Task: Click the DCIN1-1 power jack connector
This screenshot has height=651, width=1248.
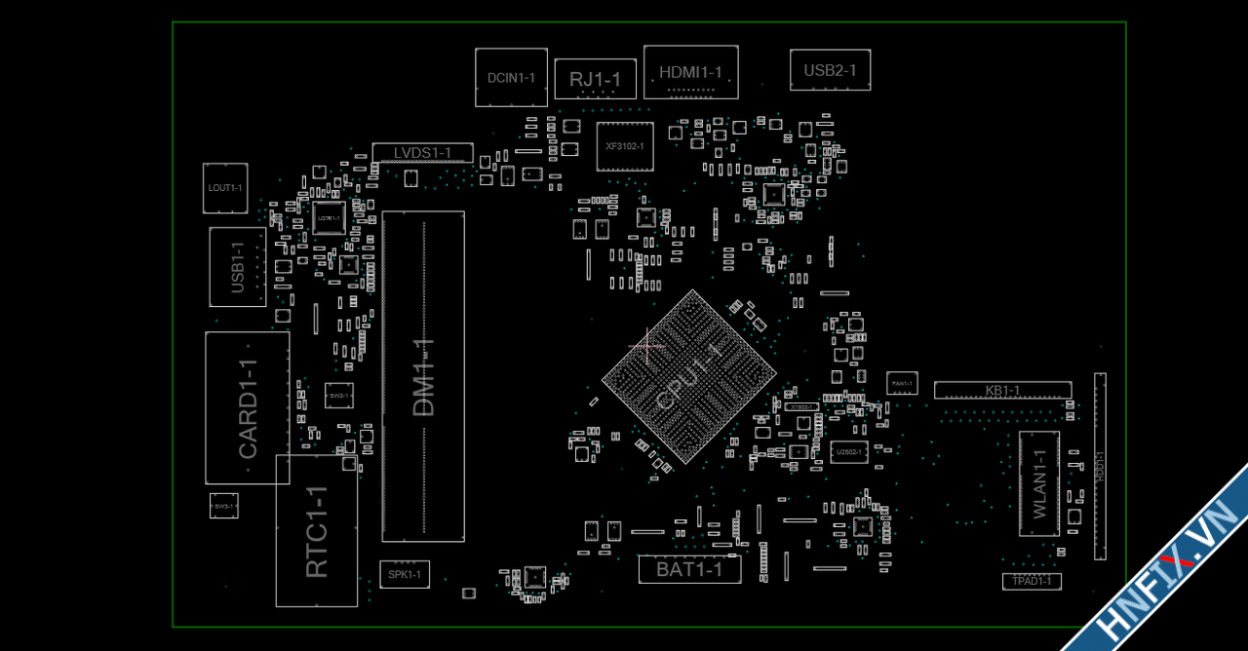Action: [x=511, y=77]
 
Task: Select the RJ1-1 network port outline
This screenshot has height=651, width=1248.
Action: [x=595, y=79]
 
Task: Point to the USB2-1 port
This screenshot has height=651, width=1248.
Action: [x=830, y=70]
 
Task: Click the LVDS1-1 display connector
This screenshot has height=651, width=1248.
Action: [x=422, y=153]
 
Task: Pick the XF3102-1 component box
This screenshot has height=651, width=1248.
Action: [x=625, y=146]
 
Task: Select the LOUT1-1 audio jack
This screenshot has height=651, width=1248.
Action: [x=225, y=188]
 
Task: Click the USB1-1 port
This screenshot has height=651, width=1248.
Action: [x=238, y=267]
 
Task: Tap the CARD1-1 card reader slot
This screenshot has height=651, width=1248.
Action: [x=248, y=407]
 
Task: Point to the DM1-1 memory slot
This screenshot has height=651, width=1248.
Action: [x=423, y=376]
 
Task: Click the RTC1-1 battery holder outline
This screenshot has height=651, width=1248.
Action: [x=317, y=531]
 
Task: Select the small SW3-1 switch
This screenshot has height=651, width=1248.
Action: [x=224, y=506]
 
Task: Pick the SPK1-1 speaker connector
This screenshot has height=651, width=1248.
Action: [x=404, y=574]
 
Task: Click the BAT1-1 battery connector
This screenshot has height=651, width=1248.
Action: [x=689, y=569]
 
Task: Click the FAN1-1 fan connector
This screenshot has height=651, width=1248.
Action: [x=902, y=383]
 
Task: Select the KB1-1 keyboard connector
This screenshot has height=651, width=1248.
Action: [x=1002, y=391]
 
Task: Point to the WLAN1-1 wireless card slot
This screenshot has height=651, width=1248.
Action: [x=1039, y=483]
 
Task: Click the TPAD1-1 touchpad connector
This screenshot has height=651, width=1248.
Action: [x=1032, y=582]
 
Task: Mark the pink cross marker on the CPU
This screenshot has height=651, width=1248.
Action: [x=646, y=344]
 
